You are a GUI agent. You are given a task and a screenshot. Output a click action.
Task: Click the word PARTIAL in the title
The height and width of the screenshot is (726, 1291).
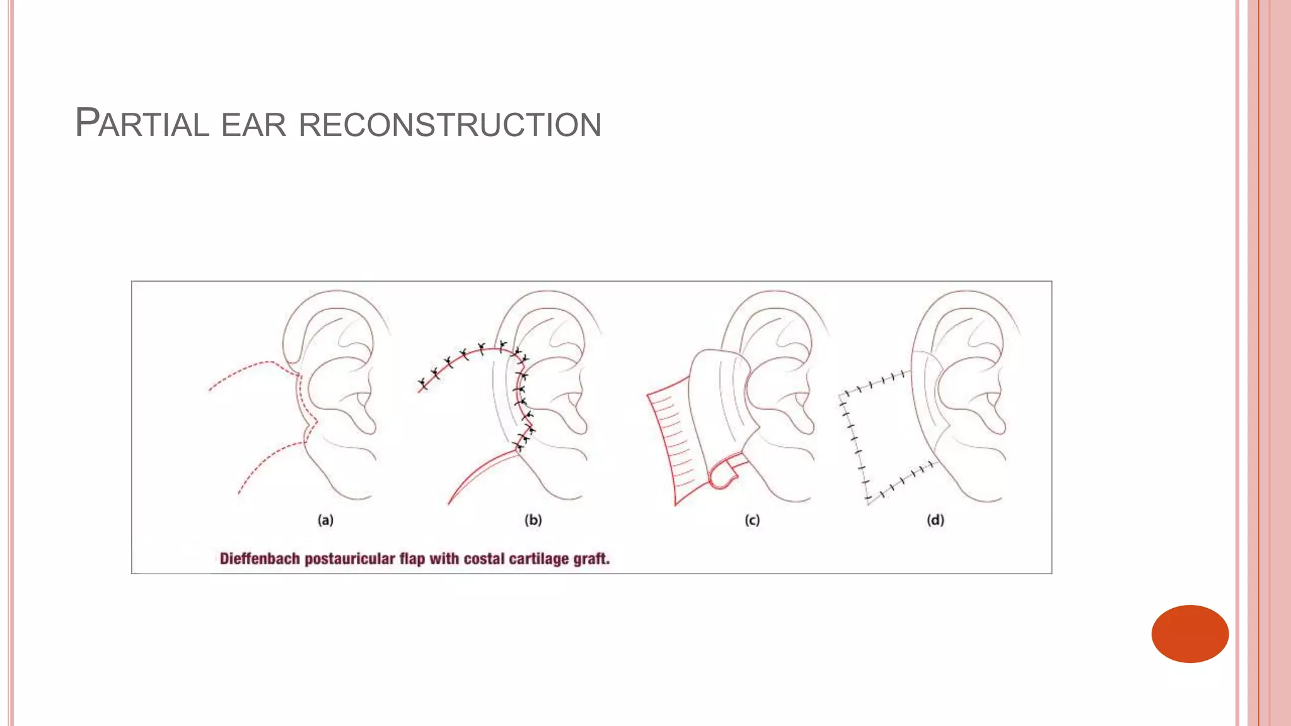pos(142,123)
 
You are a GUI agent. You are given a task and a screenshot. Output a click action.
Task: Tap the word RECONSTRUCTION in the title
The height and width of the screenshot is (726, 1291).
pos(449,124)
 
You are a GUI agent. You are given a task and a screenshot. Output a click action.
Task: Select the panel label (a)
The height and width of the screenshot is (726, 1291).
pos(325,520)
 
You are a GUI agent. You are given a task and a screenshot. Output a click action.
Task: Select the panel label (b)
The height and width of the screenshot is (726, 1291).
pos(533,520)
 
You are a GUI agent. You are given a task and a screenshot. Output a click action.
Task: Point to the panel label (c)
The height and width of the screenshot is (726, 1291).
pos(752,520)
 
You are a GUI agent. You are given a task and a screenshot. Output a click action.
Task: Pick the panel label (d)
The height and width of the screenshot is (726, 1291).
pos(935,520)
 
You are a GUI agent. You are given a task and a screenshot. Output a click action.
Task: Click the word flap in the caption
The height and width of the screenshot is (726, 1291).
pos(412,559)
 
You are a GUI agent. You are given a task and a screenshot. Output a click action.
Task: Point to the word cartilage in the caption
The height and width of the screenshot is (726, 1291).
pos(538,559)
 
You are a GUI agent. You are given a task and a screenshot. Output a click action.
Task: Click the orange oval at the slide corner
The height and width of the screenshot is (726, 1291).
pos(1190,633)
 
